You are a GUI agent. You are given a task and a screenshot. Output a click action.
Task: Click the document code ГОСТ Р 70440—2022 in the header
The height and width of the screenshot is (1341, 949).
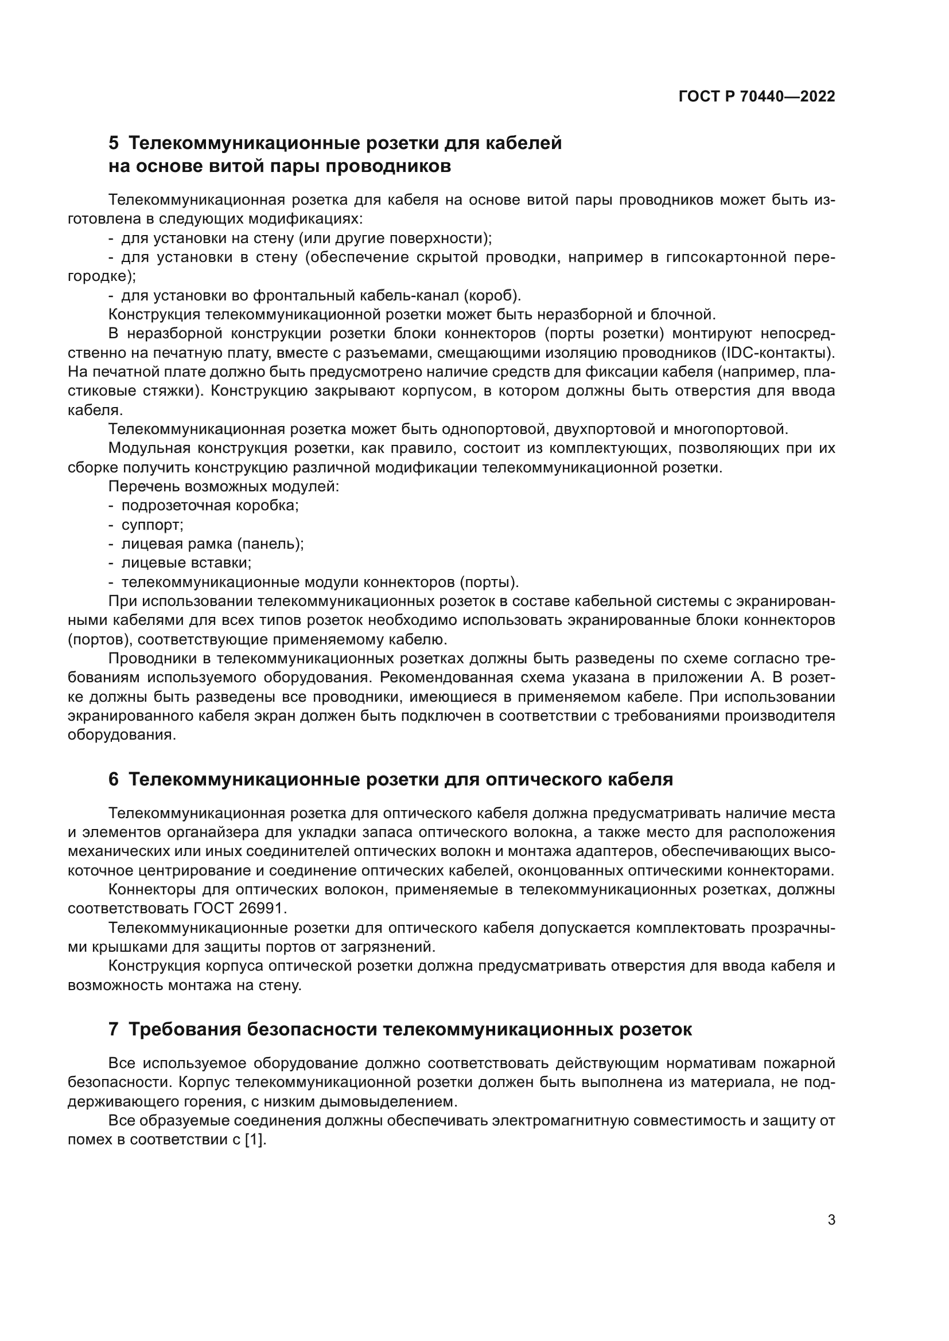[x=757, y=97]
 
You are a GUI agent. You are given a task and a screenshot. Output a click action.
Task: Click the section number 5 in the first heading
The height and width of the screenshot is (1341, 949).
[x=114, y=143]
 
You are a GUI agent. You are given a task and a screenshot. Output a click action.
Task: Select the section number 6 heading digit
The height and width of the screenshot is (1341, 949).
[x=114, y=780]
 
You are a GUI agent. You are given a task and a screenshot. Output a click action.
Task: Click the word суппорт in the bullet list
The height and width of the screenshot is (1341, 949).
[x=152, y=525]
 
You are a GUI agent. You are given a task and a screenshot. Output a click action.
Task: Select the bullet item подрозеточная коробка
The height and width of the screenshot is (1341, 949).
[x=210, y=506]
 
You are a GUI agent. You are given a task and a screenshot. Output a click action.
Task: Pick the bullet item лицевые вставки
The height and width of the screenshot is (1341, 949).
[x=186, y=564]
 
